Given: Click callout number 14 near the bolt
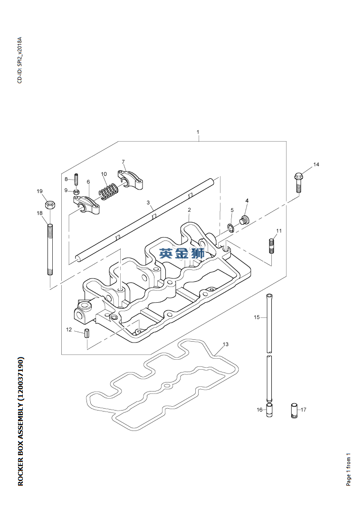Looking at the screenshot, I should pyautogui.click(x=316, y=164).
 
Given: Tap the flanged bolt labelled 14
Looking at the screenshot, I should pyautogui.click(x=298, y=181).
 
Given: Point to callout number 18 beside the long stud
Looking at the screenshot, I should pyautogui.click(x=40, y=213).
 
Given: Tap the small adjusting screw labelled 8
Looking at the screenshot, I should pyautogui.click(x=76, y=180).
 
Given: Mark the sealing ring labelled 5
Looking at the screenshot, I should pyautogui.click(x=230, y=228).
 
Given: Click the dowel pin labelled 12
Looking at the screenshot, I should pyautogui.click(x=87, y=333).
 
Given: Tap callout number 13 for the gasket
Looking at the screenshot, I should pyautogui.click(x=226, y=344).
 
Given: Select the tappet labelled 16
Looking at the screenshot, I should pyautogui.click(x=269, y=410).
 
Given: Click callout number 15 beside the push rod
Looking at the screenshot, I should pyautogui.click(x=257, y=317).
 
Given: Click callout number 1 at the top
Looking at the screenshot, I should pyautogui.click(x=198, y=132).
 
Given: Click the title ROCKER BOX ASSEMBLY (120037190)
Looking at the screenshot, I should pyautogui.click(x=20, y=421).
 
